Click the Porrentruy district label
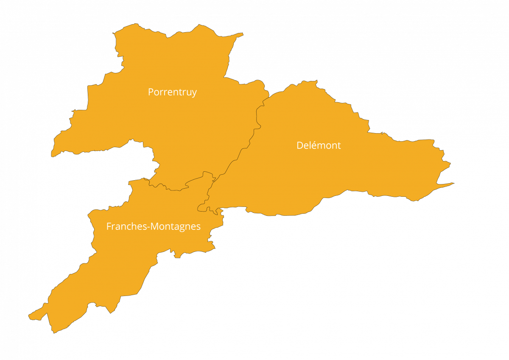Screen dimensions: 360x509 pos(172,92)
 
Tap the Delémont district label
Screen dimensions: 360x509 pos(319,145)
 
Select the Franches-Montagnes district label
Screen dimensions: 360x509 pos(153,226)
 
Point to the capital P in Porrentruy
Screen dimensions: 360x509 pos(151,92)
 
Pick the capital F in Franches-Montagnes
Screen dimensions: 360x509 pos(109,226)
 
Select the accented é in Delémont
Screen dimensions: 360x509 pos(312,145)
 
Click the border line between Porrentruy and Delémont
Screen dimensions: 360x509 pos(250,140)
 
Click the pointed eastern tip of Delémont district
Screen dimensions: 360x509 pos(453,183)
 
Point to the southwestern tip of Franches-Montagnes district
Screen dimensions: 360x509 pos(30,316)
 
